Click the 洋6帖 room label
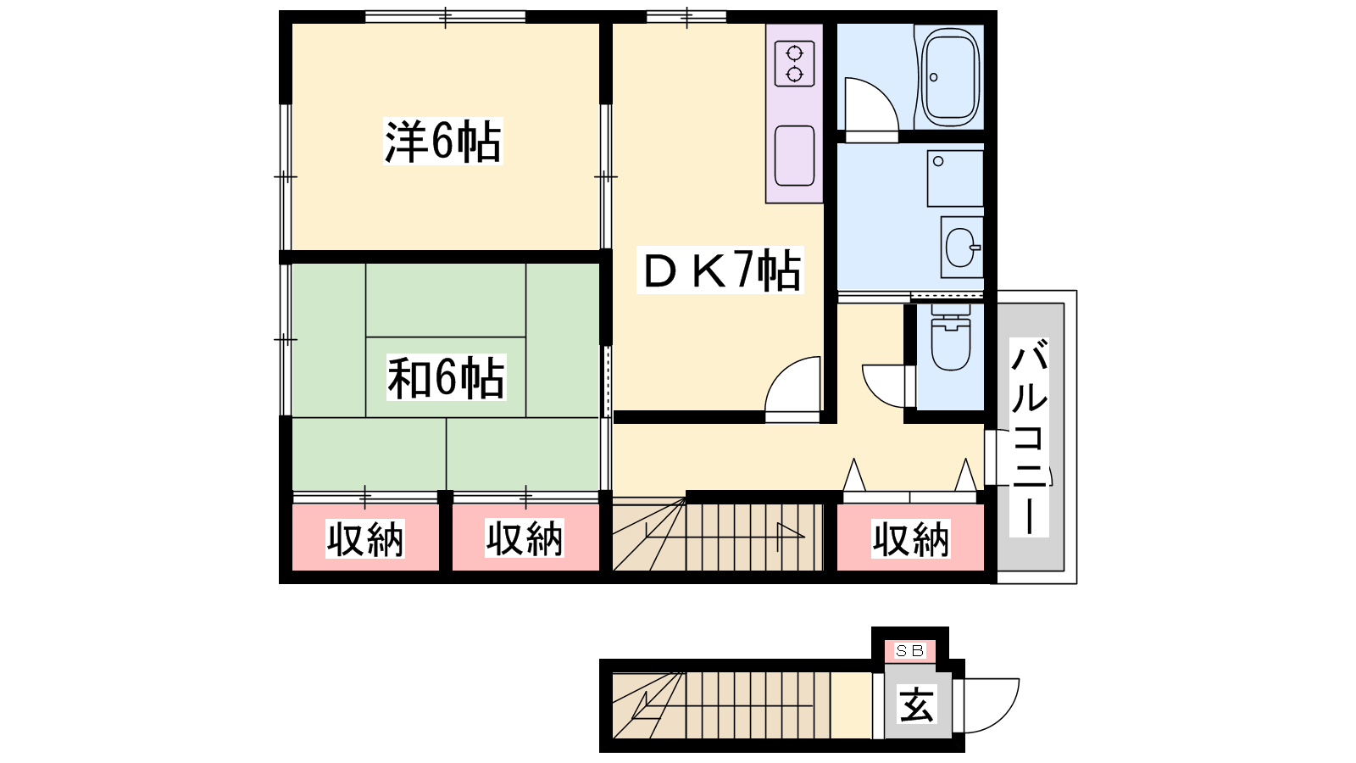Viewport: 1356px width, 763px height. click(443, 142)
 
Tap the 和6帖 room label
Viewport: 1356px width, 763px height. click(446, 378)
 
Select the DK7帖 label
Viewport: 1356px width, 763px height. click(720, 270)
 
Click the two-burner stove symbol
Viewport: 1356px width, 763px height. click(794, 64)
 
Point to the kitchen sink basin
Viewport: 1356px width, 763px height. click(794, 156)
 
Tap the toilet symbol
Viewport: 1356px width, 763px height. click(950, 337)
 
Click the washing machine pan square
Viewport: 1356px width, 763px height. click(954, 179)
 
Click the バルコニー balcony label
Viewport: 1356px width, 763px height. click(1029, 437)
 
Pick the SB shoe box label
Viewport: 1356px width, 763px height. click(910, 651)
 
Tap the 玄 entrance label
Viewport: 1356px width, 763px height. click(917, 705)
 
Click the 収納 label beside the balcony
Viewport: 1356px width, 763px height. click(910, 539)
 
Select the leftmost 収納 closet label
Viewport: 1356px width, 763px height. click(365, 539)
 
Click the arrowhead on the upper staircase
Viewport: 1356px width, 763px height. click(791, 531)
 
